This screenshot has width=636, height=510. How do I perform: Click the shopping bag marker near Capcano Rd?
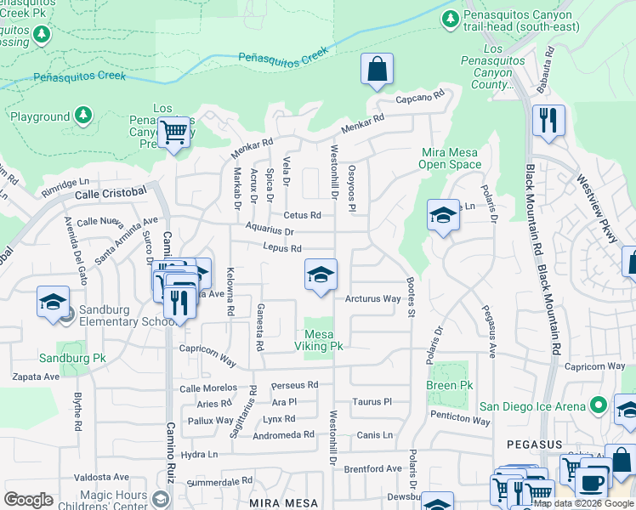click(377, 70)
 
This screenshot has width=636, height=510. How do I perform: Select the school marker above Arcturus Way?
click(321, 275)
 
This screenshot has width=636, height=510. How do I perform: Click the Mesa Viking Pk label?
click(318, 340)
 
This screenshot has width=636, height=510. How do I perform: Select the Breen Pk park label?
click(449, 385)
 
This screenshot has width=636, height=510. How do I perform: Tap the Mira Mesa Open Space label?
click(451, 158)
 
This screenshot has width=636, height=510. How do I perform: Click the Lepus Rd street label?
click(282, 248)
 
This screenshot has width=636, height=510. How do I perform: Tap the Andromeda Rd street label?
click(285, 434)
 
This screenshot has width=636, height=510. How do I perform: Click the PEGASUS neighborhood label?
click(534, 445)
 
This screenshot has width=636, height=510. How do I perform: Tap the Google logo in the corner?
click(28, 500)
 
